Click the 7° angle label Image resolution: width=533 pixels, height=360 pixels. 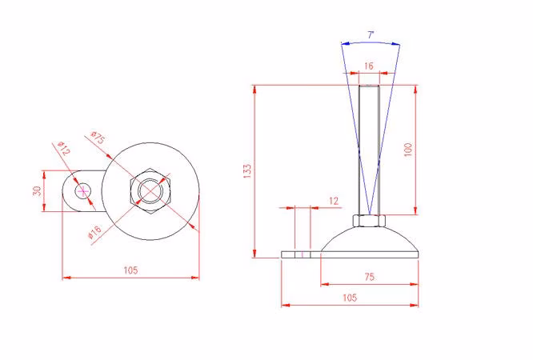coord(371,35)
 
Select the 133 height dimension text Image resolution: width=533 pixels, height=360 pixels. coord(247,171)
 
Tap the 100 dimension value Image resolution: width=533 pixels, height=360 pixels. coord(408,150)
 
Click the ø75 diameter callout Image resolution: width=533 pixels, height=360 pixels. coord(98,138)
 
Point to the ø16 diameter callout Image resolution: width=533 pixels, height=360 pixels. coord(95,232)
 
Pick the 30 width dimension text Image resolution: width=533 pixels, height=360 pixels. coord(37,191)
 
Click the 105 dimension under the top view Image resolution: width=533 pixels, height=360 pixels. coord(130,270)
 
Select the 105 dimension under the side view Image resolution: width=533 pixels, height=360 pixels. coord(350,298)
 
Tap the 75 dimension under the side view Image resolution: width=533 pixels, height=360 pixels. coord(370,277)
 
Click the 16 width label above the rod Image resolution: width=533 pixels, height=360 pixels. coord(368,66)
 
